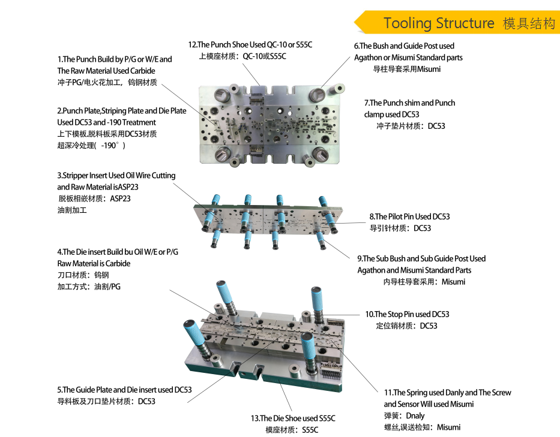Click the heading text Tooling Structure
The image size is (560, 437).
pyautogui.click(x=439, y=23)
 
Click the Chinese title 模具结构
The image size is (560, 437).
pyautogui.click(x=529, y=23)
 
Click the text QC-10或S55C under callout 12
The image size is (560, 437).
pyautogui.click(x=264, y=56)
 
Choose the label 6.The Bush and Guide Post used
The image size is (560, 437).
pyautogui.click(x=404, y=46)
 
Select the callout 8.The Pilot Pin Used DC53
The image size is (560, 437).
pyautogui.click(x=409, y=216)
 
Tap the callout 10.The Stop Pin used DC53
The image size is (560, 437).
pyautogui.click(x=407, y=314)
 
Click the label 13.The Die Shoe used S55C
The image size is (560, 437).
pyautogui.click(x=293, y=418)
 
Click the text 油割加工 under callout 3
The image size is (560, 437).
pyautogui.click(x=72, y=210)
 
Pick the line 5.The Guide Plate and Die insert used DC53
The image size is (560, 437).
pyautogui.click(x=124, y=390)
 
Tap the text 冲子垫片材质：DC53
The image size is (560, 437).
pyautogui.click(x=411, y=126)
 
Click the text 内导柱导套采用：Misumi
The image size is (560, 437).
pyautogui.click(x=424, y=282)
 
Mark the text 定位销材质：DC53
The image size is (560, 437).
pyautogui.click(x=406, y=326)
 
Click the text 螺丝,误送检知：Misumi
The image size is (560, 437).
pyautogui.click(x=422, y=427)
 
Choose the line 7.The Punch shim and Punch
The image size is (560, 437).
pyautogui.click(x=409, y=103)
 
